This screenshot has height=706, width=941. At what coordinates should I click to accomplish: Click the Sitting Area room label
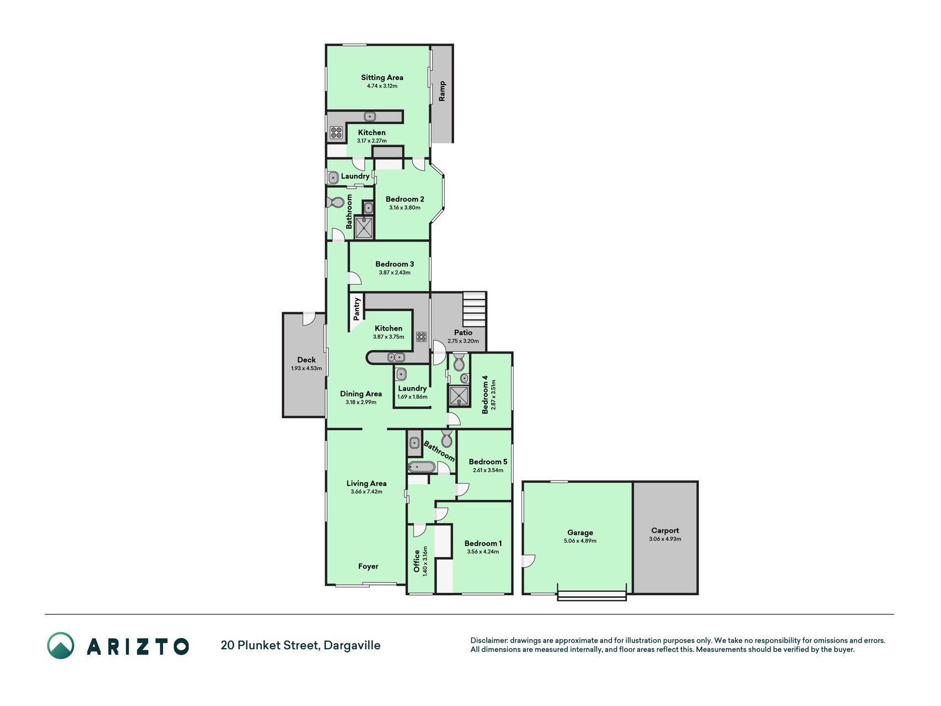point(382,78)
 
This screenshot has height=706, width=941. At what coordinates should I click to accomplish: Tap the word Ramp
point(442,91)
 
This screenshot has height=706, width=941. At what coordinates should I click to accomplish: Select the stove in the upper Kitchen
point(336,132)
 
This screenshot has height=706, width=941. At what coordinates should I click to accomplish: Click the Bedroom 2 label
point(405,199)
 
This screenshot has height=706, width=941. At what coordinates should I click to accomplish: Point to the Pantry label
point(357,309)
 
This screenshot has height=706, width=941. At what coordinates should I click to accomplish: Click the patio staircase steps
point(474,309)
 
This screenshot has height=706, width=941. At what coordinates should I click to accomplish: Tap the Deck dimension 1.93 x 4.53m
point(307,368)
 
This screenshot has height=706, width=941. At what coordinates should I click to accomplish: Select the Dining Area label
point(361,394)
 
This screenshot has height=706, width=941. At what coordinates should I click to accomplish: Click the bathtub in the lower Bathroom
point(422,467)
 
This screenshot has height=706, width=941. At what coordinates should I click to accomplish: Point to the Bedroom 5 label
point(488,462)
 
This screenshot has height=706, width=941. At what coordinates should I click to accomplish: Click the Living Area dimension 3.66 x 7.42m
point(367,492)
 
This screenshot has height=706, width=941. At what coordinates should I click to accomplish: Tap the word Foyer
point(368,566)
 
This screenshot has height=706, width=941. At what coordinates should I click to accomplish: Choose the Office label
point(417,561)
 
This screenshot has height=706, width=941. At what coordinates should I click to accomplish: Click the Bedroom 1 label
point(483,543)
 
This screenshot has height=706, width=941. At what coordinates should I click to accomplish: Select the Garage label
point(580,533)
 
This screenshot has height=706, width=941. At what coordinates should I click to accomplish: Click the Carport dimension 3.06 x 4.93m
point(665,539)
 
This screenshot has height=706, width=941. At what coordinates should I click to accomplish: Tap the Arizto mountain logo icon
point(61,645)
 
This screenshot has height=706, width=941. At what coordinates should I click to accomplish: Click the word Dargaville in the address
point(352,645)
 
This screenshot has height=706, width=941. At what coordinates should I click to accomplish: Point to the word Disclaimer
point(488,640)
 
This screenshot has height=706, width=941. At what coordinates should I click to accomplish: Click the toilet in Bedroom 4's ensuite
point(459,362)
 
